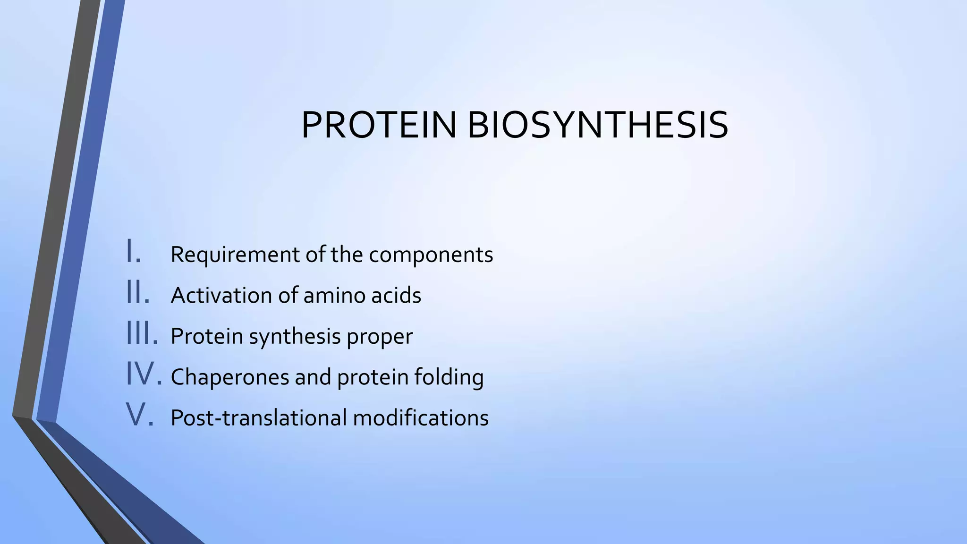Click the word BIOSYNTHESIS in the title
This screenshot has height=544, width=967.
[x=598, y=125]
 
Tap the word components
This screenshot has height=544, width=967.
[x=431, y=255]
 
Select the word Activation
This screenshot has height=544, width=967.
[x=221, y=296]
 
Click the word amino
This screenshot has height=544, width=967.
[x=333, y=296]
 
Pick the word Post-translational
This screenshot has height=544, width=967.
[x=258, y=418]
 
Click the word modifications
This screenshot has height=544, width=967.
[x=420, y=418]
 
